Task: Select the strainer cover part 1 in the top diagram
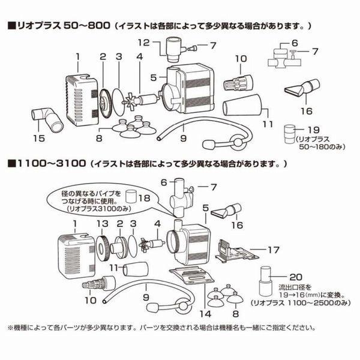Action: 80,96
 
